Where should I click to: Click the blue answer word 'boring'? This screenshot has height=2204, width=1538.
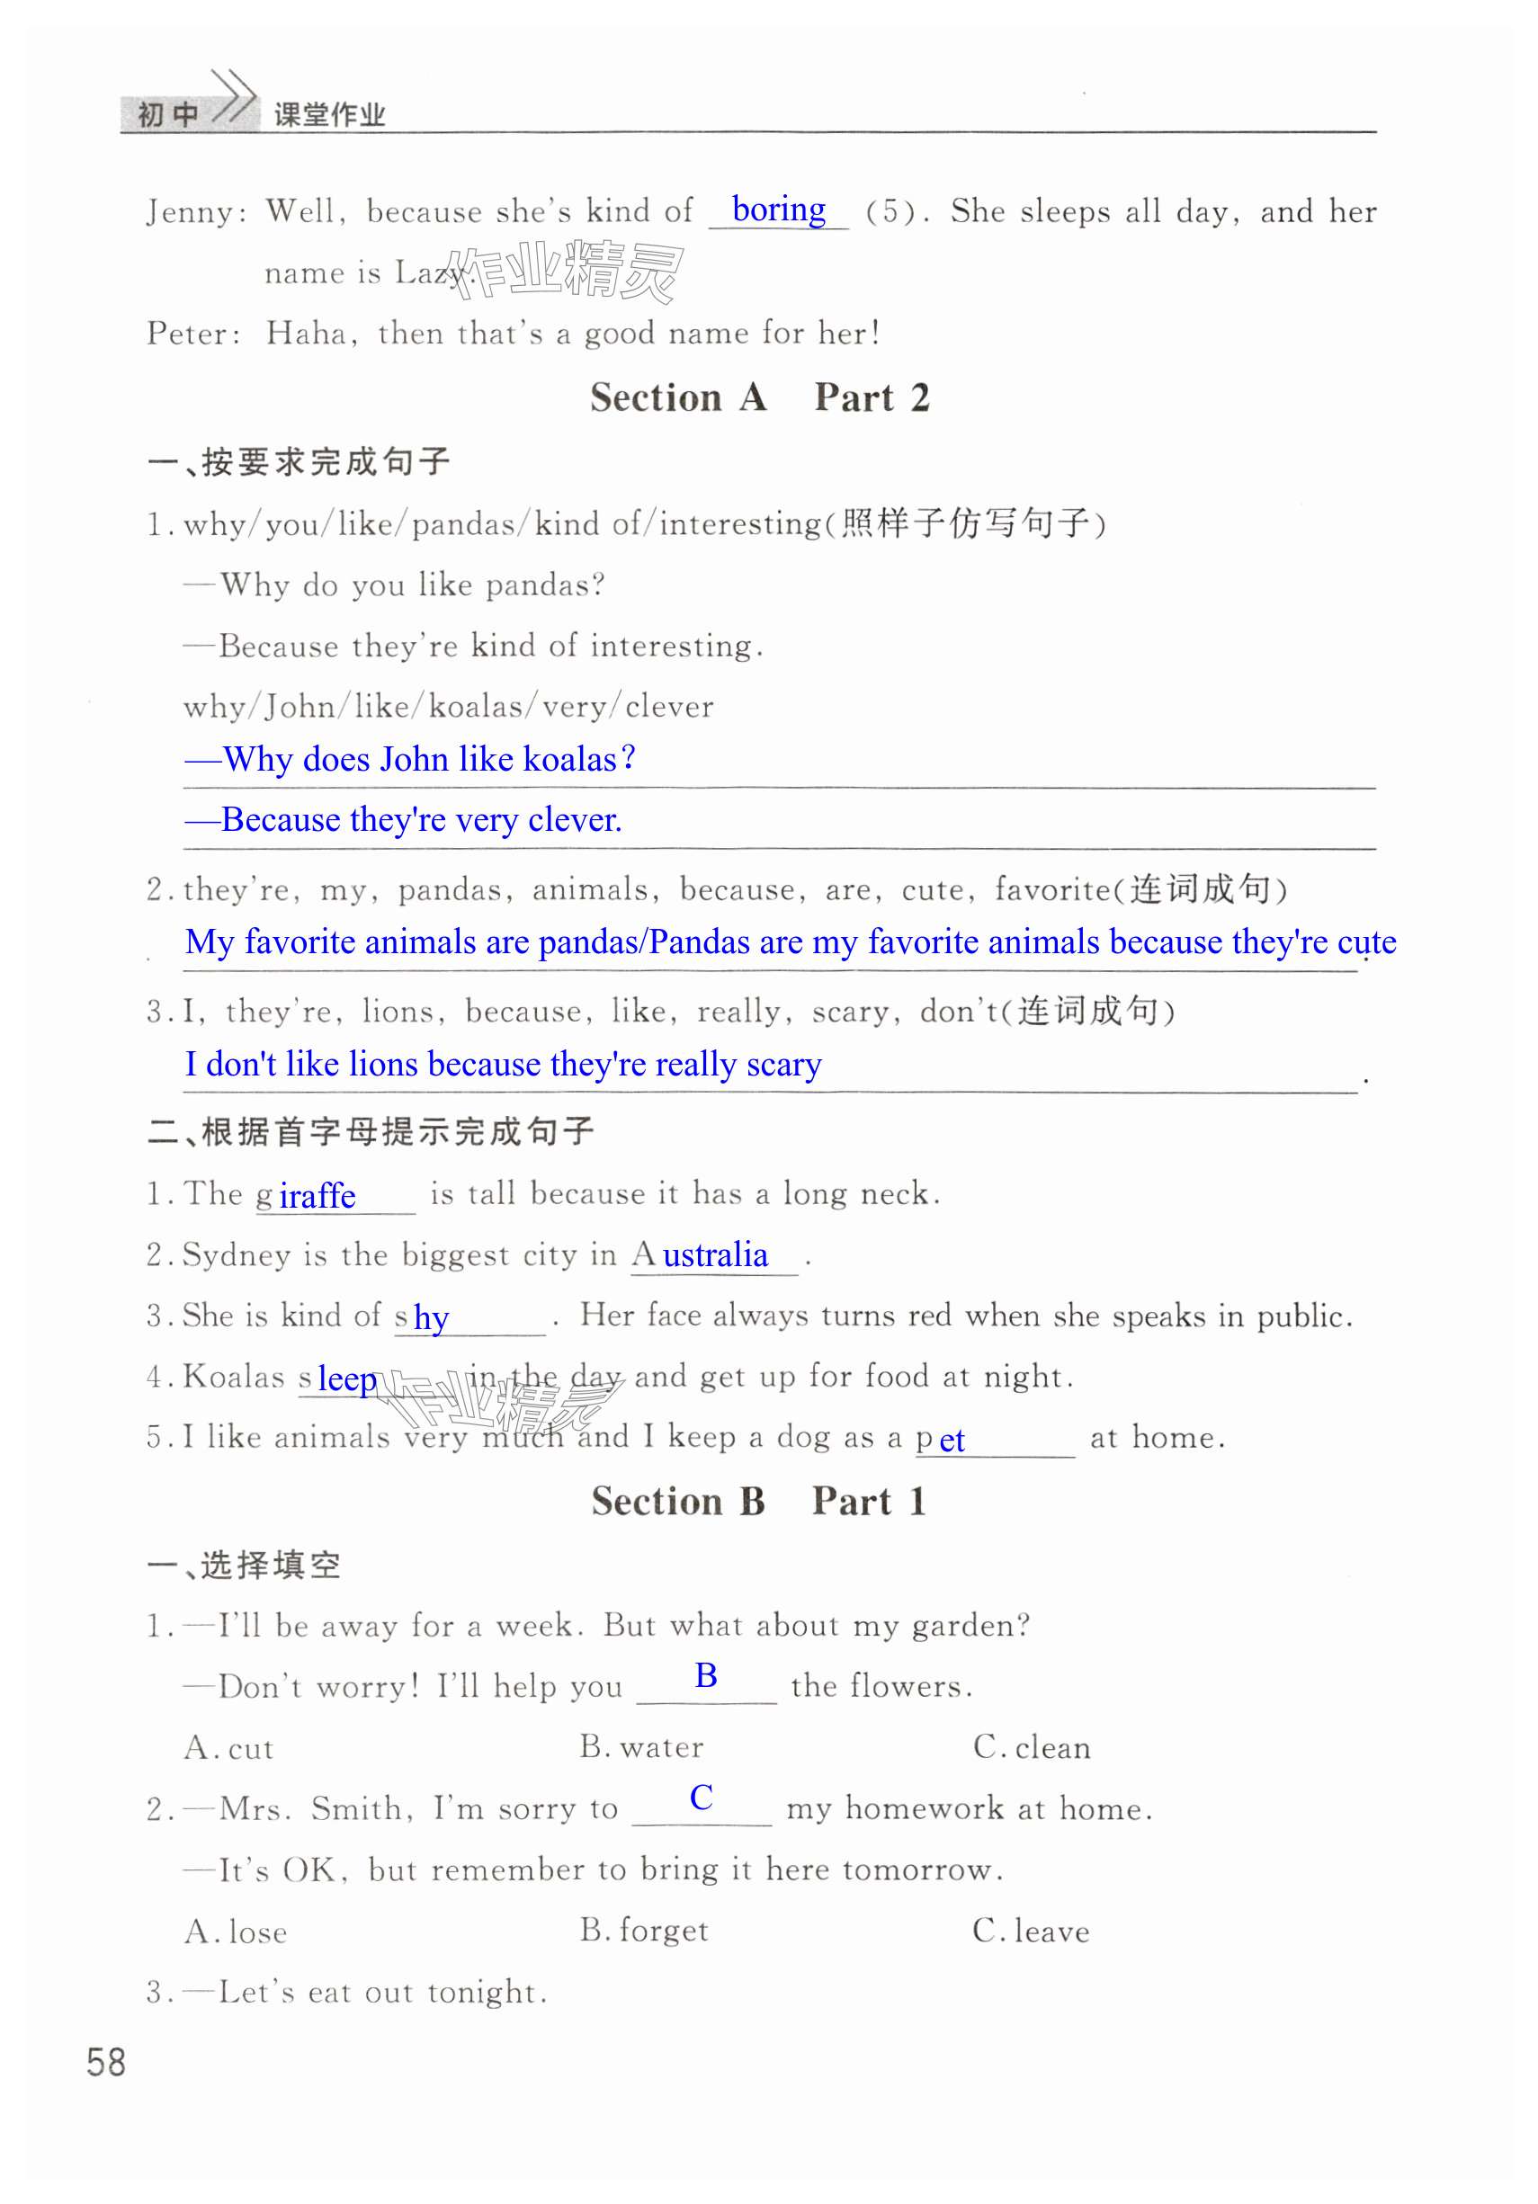[778, 210]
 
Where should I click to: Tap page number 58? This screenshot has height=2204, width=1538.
[105, 2062]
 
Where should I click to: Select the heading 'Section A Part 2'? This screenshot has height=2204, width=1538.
[758, 397]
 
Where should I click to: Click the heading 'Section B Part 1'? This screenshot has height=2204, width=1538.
[758, 1502]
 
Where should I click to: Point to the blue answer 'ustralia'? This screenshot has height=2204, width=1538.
[715, 1254]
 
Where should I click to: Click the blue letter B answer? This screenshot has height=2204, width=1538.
[706, 1675]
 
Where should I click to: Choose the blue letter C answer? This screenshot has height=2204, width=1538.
[701, 1797]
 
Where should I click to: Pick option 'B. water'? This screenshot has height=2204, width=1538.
[641, 1747]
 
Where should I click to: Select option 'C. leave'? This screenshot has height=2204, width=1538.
[1030, 1931]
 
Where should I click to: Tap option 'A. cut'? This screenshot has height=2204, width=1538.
[228, 1748]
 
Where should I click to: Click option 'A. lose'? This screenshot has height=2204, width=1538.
[236, 1932]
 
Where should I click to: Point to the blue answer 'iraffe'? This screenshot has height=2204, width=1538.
[317, 1196]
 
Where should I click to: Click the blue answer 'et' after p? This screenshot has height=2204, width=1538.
[952, 1440]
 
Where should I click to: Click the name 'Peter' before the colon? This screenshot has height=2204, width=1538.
[187, 334]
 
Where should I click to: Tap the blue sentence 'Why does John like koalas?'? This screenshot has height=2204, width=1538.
[410, 759]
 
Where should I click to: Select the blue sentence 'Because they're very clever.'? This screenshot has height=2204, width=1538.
[403, 820]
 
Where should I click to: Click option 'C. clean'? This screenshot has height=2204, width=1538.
[1031, 1747]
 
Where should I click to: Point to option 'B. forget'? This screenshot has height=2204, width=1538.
[643, 1931]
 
